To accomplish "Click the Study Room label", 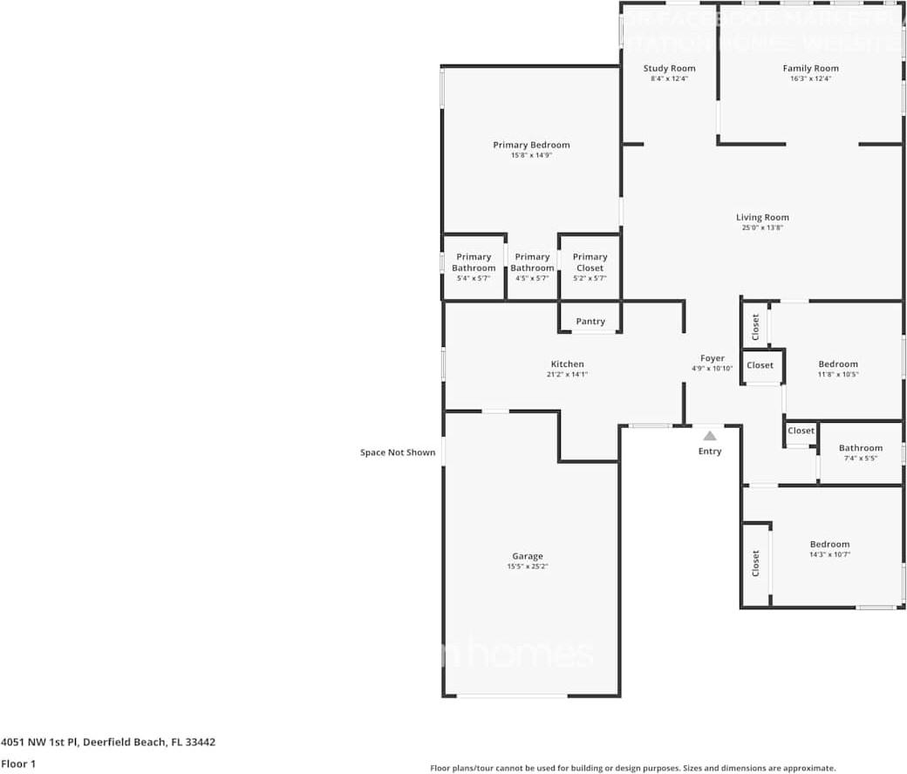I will pyautogui.click(x=669, y=68).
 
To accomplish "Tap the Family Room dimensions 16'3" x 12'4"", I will pyautogui.click(x=810, y=79).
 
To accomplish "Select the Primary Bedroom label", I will pyautogui.click(x=531, y=145).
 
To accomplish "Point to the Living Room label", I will pyautogui.click(x=761, y=217).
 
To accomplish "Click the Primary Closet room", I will pyautogui.click(x=590, y=267).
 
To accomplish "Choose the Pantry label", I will pyautogui.click(x=590, y=322).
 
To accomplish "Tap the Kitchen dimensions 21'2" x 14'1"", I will pyautogui.click(x=567, y=375).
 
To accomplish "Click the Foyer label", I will pyautogui.click(x=713, y=358).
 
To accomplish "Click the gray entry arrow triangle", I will pyautogui.click(x=710, y=436).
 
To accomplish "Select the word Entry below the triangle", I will pyautogui.click(x=710, y=451).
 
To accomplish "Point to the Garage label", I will pyautogui.click(x=527, y=556).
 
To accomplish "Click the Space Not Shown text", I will pyautogui.click(x=398, y=452).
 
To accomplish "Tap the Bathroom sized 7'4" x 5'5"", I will pyautogui.click(x=860, y=452).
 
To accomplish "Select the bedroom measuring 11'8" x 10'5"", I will pyautogui.click(x=837, y=369).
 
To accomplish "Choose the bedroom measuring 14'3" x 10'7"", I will pyautogui.click(x=829, y=549).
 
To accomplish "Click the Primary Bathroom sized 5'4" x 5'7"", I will pyautogui.click(x=474, y=267).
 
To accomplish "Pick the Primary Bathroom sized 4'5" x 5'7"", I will pyautogui.click(x=532, y=267).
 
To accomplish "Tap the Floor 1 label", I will pyautogui.click(x=18, y=764).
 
